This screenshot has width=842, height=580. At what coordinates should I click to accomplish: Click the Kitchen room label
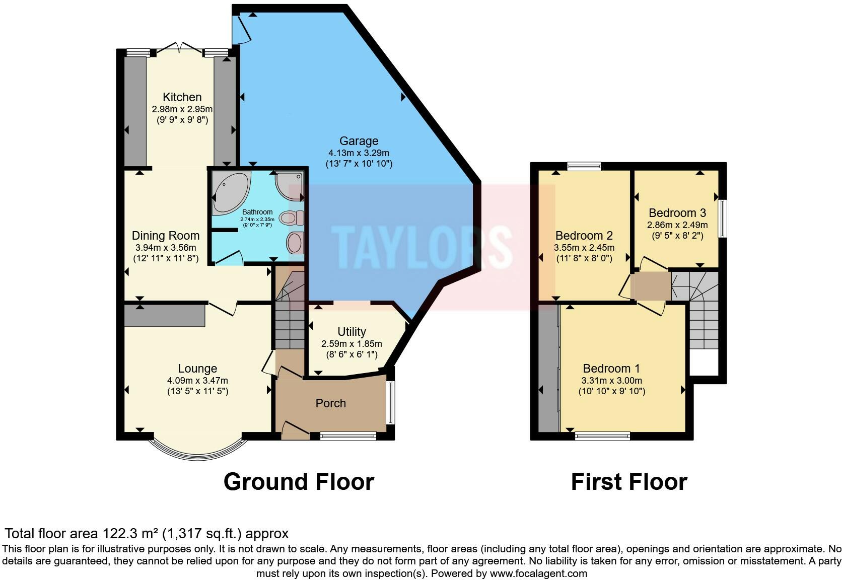[182, 97]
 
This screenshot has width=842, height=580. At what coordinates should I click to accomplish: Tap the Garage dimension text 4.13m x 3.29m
[359, 153]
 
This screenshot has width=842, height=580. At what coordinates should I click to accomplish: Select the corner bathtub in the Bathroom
[231, 193]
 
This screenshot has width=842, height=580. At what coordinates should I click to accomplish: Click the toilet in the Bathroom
[292, 217]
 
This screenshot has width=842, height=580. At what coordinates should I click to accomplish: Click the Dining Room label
[165, 236]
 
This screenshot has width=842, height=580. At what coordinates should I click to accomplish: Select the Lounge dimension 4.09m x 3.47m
[197, 381]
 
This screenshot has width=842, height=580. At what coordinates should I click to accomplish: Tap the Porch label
[330, 403]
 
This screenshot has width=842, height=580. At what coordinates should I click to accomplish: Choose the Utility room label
[352, 331]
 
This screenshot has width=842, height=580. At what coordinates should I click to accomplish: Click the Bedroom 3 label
[677, 213]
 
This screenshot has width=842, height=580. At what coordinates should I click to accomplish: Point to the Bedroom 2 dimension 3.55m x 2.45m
[584, 248]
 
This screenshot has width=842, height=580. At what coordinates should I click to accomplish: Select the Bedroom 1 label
[611, 369]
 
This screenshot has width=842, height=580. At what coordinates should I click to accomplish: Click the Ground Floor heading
[299, 482]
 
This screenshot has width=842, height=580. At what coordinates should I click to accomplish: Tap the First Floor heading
[629, 482]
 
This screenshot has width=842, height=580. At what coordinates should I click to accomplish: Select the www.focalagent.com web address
[538, 573]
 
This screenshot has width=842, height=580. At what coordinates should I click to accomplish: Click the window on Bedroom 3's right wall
[723, 219]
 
